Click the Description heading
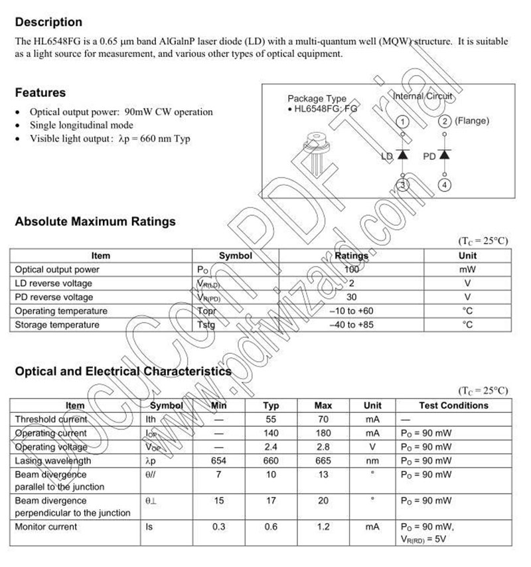tap(48, 23)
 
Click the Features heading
tap(40, 92)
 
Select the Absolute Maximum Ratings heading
tap(95, 222)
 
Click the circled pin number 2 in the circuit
tap(445, 121)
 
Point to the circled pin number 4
tap(445, 185)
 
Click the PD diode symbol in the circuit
tap(444, 155)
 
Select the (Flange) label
tap(473, 121)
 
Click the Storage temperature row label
tap(57, 325)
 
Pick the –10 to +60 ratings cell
tap(351, 311)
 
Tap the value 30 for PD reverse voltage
tap(351, 297)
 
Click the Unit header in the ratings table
tap(467, 256)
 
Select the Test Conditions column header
tap(453, 406)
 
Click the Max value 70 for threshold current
tap(323, 420)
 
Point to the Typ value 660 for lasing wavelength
tap(271, 461)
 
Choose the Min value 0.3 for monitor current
tap(219, 527)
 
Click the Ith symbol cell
tap(151, 420)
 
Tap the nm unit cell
tap(373, 461)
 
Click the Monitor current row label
tap(46, 527)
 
